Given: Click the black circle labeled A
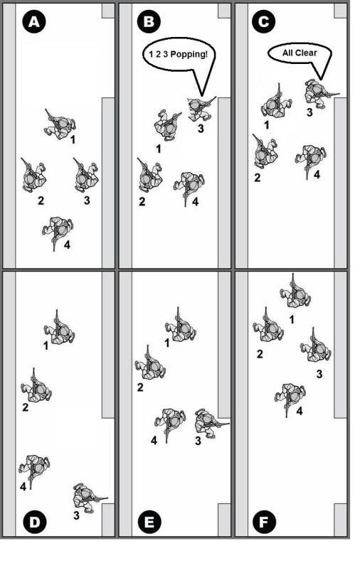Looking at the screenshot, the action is pos(33,22).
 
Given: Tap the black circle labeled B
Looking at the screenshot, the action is pos(149,22).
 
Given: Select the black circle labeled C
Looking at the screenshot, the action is pos(263,22).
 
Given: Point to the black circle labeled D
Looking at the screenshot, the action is pos(34,522).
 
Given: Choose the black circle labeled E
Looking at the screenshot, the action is pos(149,522).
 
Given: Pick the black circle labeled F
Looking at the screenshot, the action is pos(263,522).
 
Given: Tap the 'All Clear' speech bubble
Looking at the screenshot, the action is pos(300,53).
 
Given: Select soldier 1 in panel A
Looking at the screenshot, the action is pos(59,124).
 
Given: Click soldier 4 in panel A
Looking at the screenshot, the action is pos(58,231).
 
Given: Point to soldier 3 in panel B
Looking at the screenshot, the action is pos(199,108).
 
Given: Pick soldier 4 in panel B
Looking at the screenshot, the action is pos(189,186).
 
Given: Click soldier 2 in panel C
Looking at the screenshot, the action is pos(265,152).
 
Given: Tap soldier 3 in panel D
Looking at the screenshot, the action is pos(88,498).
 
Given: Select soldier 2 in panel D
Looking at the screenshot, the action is pos(36,387).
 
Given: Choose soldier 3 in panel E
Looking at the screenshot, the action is pos(210,423).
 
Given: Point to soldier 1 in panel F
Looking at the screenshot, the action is pos(295,292).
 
